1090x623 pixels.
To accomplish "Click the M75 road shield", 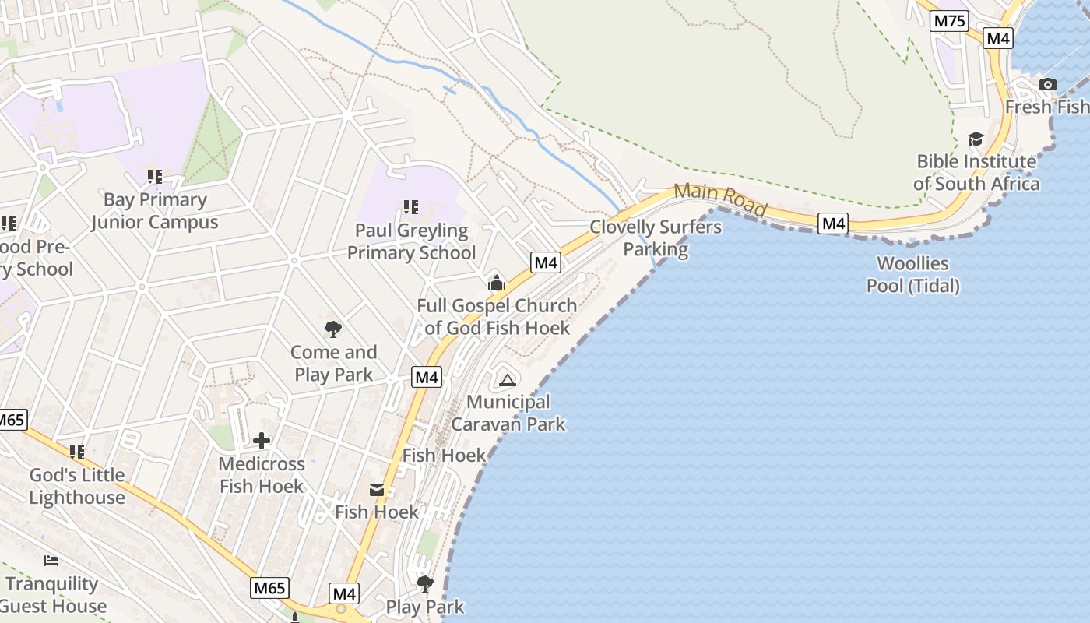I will pyautogui.click(x=950, y=20).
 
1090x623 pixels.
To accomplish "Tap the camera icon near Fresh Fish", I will pyautogui.click(x=1048, y=84).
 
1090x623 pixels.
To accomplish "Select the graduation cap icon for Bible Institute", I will pyautogui.click(x=976, y=139).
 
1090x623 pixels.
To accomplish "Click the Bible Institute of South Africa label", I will pyautogui.click(x=976, y=173).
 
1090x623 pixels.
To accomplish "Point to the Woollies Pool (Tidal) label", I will pyautogui.click(x=913, y=275).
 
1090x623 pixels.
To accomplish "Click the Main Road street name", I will pyautogui.click(x=721, y=199).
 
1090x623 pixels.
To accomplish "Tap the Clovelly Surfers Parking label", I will pyautogui.click(x=656, y=238).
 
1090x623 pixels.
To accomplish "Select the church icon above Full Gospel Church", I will pyautogui.click(x=496, y=283).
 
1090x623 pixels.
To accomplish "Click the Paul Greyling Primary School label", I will pyautogui.click(x=411, y=241).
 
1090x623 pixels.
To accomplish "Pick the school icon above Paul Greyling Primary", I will pyautogui.click(x=410, y=207).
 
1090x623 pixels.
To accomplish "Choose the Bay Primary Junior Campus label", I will pyautogui.click(x=155, y=211).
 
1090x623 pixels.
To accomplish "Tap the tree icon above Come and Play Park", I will pyautogui.click(x=333, y=329).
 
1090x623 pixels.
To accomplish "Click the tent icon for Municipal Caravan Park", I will pyautogui.click(x=508, y=381).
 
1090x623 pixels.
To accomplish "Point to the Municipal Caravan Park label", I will pyautogui.click(x=508, y=413).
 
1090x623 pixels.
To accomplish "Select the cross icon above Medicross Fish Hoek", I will pyautogui.click(x=262, y=441).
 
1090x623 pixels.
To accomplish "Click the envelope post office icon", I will pyautogui.click(x=377, y=489).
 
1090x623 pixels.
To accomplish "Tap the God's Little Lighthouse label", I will pyautogui.click(x=77, y=486).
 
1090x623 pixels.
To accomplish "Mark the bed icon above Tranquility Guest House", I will pyautogui.click(x=51, y=561).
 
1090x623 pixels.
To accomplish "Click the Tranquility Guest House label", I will pyautogui.click(x=53, y=595).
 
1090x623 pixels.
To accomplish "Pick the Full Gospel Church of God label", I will pyautogui.click(x=497, y=316).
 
